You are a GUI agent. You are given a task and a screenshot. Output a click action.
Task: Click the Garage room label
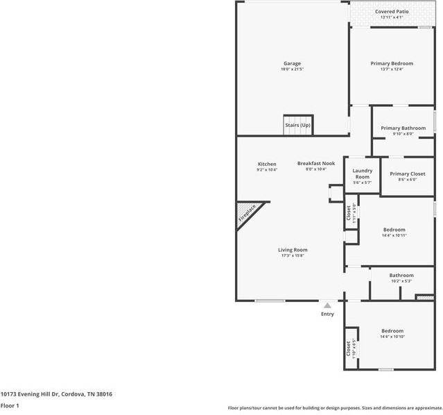292,63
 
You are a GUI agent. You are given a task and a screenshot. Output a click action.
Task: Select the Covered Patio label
391,12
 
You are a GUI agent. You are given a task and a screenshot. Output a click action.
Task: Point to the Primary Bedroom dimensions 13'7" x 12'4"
392,69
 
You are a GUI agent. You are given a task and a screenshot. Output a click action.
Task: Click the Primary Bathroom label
403,128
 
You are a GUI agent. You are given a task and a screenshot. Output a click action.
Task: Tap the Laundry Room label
363,173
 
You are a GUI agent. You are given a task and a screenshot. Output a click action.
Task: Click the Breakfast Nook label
316,164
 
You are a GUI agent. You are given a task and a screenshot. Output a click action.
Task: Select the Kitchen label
267,164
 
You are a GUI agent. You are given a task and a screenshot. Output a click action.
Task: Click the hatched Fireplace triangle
245,214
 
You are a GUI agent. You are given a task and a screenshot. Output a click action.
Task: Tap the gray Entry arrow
327,305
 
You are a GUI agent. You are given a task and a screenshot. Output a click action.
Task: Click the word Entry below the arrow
327,314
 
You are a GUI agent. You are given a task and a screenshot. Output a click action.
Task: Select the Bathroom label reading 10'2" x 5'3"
401,276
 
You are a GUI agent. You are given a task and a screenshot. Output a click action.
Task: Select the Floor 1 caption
10,405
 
